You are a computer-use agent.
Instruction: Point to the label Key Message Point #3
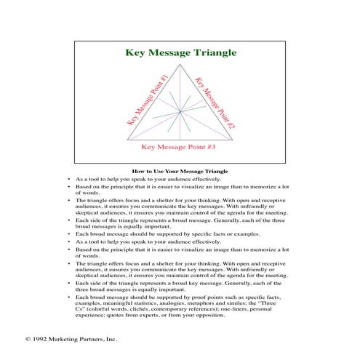[x=179, y=146]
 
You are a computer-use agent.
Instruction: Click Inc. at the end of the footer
[x=111, y=340]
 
